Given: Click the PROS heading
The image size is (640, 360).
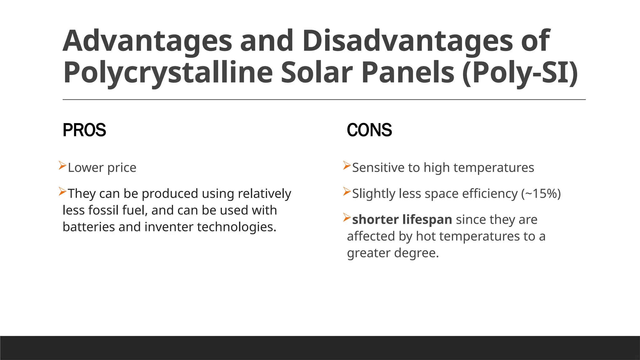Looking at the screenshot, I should pyautogui.click(x=84, y=130).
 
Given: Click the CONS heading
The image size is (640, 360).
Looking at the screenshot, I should pyautogui.click(x=369, y=130).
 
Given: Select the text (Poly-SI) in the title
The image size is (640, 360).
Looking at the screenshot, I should pyautogui.click(x=519, y=72).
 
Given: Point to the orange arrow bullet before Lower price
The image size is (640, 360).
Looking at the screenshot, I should pyautogui.click(x=62, y=165).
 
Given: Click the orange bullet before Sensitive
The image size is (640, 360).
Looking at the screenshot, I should pyautogui.click(x=347, y=165).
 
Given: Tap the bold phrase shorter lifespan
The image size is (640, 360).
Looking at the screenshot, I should pyautogui.click(x=402, y=219).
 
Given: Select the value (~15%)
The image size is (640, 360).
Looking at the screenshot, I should pyautogui.click(x=541, y=194).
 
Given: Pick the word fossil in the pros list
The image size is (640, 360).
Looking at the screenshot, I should pyautogui.click(x=103, y=210).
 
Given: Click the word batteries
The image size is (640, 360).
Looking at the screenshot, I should pyautogui.click(x=89, y=227).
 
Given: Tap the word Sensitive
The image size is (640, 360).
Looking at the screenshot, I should pyautogui.click(x=378, y=168).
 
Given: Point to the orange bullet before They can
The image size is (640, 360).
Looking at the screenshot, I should pyautogui.click(x=62, y=191).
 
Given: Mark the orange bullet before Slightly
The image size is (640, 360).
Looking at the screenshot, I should pyautogui.click(x=347, y=191).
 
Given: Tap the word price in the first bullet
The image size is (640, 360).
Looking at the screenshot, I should pyautogui.click(x=122, y=168).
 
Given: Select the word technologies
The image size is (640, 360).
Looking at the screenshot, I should pyautogui.click(x=237, y=227).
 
